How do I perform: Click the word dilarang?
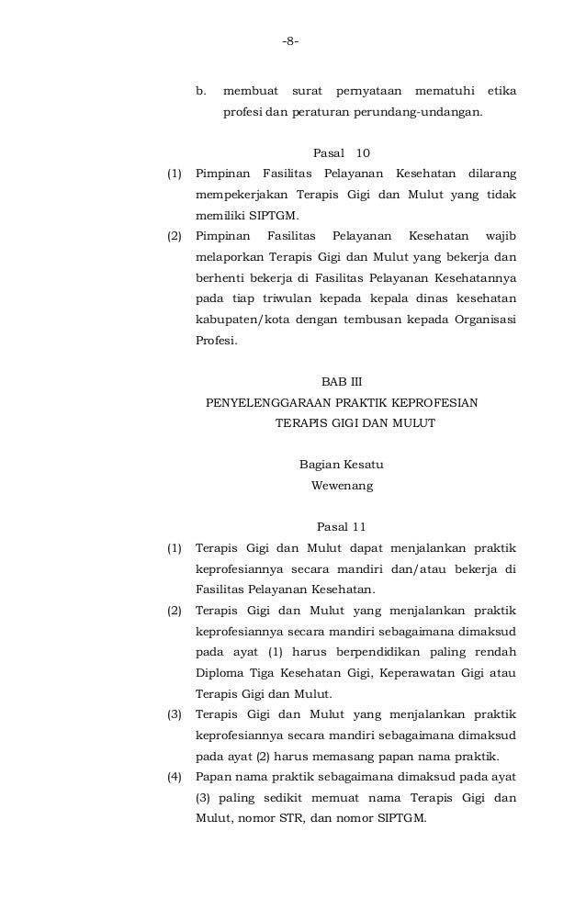486,172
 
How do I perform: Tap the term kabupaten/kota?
237,320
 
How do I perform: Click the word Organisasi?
481,320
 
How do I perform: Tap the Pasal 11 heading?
341,527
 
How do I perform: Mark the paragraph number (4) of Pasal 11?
174,778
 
